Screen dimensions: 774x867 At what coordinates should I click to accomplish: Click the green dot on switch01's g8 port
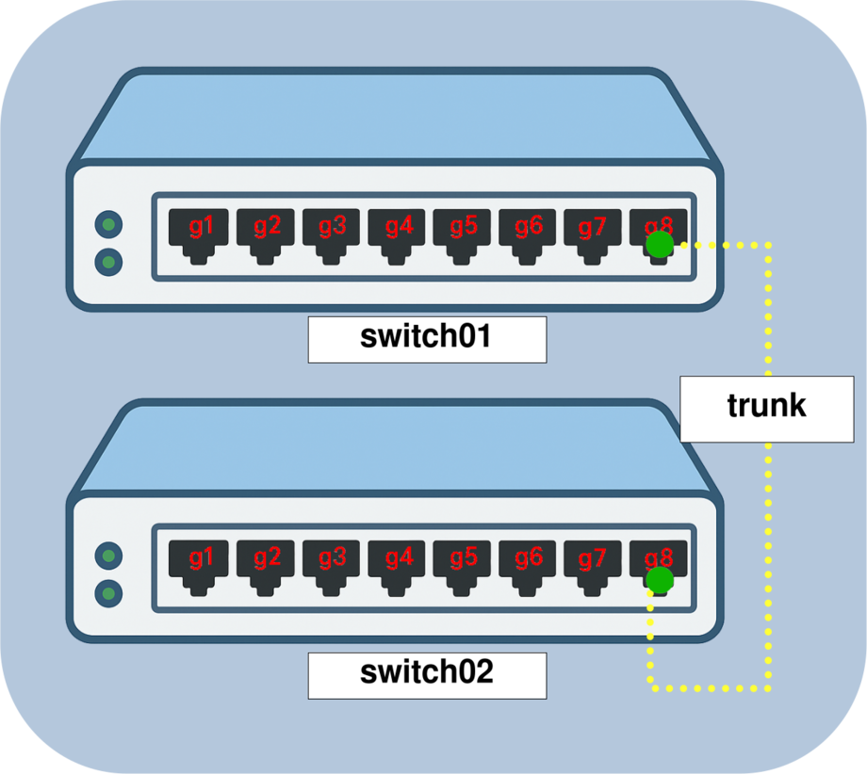(660, 246)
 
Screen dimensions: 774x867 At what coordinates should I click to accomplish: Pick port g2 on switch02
(266, 562)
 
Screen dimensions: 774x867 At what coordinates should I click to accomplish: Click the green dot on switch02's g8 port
(660, 579)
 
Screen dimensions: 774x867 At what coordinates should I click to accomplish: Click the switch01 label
(426, 339)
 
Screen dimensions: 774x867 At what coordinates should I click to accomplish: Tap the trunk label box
(766, 408)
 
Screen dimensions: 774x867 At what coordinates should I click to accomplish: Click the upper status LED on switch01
(109, 224)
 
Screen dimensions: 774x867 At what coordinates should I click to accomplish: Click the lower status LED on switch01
(109, 260)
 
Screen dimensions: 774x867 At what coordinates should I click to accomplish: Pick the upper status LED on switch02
(109, 556)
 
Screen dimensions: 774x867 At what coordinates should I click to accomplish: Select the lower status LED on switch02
(109, 593)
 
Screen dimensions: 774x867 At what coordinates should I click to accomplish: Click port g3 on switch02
(332, 562)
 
